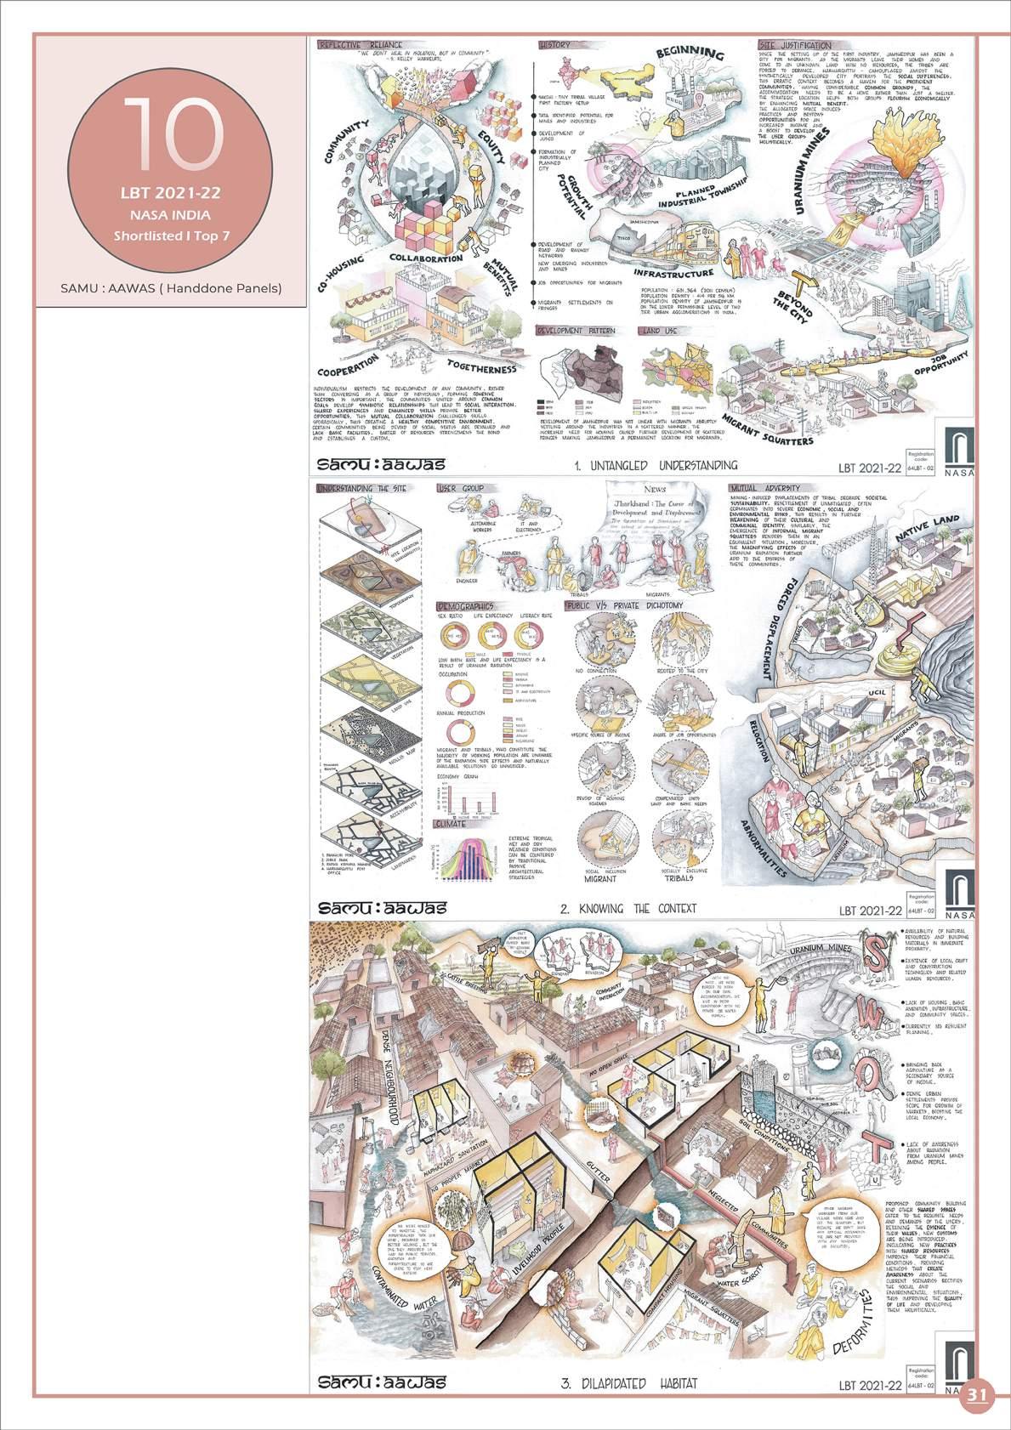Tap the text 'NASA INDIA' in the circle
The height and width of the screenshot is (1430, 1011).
click(171, 215)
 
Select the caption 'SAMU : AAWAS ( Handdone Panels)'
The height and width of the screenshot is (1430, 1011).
click(171, 287)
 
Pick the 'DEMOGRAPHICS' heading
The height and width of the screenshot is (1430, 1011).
click(464, 606)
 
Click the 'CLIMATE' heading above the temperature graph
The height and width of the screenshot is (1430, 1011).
click(451, 824)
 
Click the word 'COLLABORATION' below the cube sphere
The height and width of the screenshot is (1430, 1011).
click(426, 258)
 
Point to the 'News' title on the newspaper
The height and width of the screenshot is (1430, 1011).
click(655, 490)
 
